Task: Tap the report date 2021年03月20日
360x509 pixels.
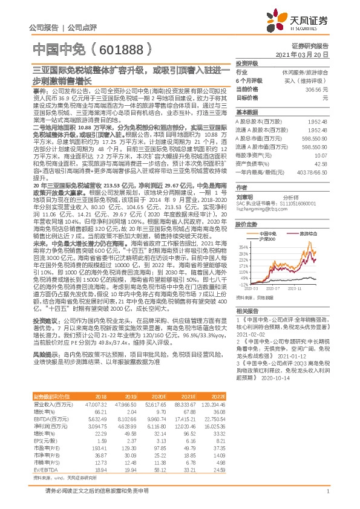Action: (x=309, y=54)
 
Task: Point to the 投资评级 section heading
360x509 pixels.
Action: (x=247, y=63)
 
